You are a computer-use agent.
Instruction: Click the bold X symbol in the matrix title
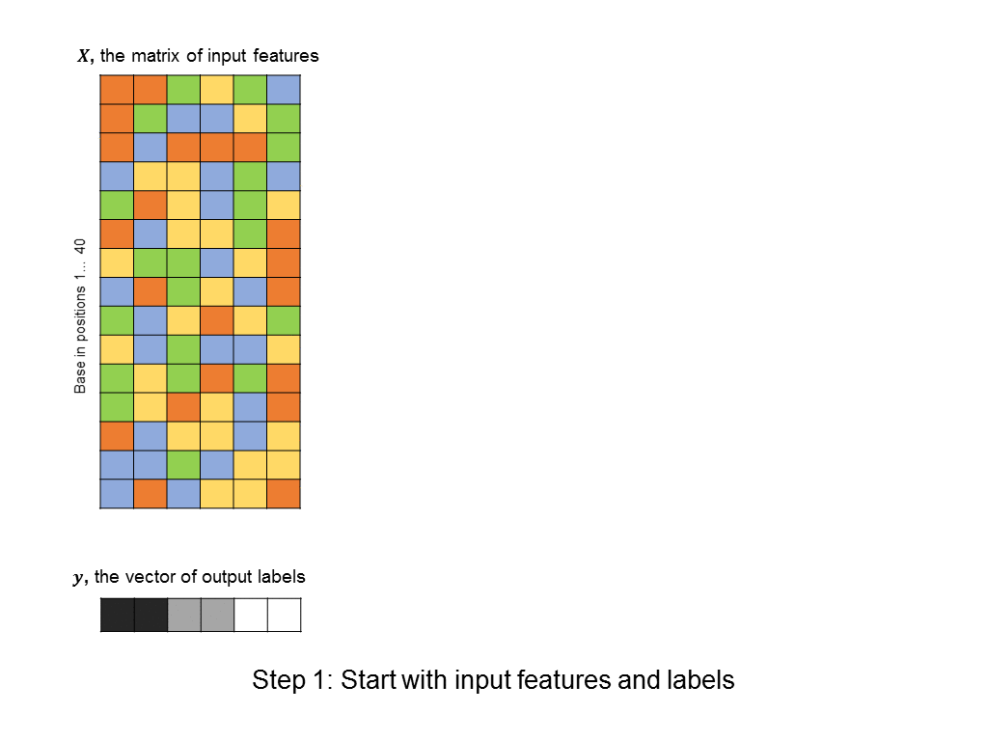pyautogui.click(x=84, y=56)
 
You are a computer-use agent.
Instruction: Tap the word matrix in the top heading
pyautogui.click(x=156, y=56)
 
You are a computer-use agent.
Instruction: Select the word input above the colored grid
pyautogui.click(x=227, y=57)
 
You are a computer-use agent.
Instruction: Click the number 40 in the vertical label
pyautogui.click(x=80, y=246)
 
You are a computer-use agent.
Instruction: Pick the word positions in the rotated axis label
pyautogui.click(x=80, y=313)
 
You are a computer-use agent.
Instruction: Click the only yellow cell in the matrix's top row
pyautogui.click(x=217, y=90)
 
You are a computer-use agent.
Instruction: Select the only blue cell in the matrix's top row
pyautogui.click(x=284, y=90)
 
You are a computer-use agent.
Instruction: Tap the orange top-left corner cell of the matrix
pyautogui.click(x=117, y=90)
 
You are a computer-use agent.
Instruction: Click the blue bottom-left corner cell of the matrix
pyautogui.click(x=117, y=494)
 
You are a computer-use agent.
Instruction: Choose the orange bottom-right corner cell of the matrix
pyautogui.click(x=284, y=494)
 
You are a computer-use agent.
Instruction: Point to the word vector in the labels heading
pyautogui.click(x=151, y=577)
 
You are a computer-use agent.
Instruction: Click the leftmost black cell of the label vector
pyautogui.click(x=118, y=615)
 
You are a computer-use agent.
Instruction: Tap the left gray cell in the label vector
pyautogui.click(x=184, y=615)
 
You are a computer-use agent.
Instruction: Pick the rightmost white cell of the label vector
pyautogui.click(x=285, y=615)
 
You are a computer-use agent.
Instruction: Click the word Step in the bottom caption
pyautogui.click(x=280, y=680)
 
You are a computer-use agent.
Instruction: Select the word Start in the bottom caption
pyautogui.click(x=369, y=680)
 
